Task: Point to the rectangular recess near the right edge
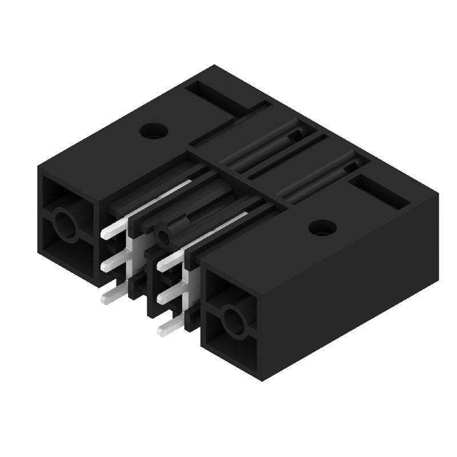tap(380, 191)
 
